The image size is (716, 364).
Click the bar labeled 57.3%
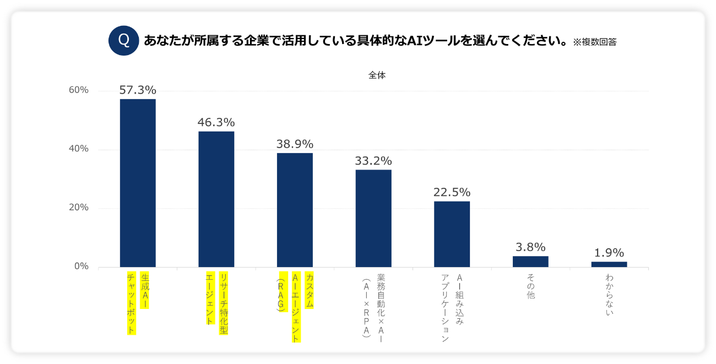click(x=138, y=183)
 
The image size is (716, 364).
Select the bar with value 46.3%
click(x=216, y=199)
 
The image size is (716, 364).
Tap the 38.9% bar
click(x=295, y=210)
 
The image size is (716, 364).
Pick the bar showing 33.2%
click(x=373, y=218)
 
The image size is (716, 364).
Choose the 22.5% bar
click(x=452, y=234)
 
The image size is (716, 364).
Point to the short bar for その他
click(x=530, y=262)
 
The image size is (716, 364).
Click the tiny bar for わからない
click(x=609, y=264)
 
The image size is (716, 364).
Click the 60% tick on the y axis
click(x=78, y=90)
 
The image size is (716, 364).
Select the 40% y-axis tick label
click(x=78, y=149)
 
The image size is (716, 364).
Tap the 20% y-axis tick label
click(x=78, y=208)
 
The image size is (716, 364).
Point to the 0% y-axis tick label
click(x=80, y=267)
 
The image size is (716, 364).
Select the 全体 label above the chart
click(x=377, y=76)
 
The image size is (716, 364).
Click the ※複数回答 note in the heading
click(x=594, y=42)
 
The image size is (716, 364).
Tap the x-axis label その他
click(x=530, y=286)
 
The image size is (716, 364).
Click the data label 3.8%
click(x=530, y=247)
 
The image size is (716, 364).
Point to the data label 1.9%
click(x=609, y=253)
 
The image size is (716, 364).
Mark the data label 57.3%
click(x=138, y=90)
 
